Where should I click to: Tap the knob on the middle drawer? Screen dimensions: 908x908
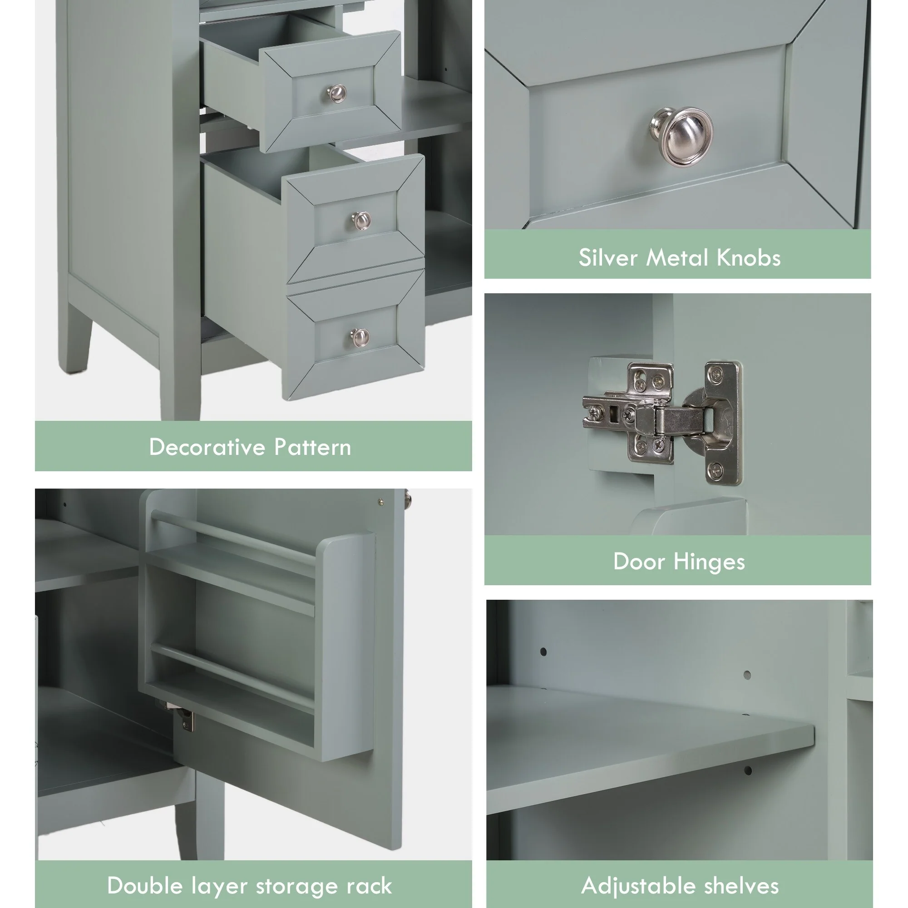(361, 221)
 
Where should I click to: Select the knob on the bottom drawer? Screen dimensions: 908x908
(360, 337)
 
